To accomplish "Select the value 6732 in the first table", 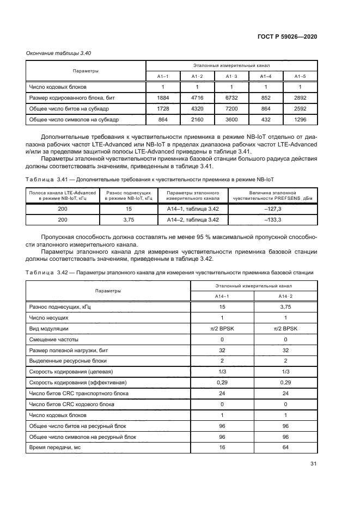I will click(x=232, y=97).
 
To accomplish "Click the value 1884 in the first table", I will click(x=163, y=97).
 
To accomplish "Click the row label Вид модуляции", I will click(x=48, y=329).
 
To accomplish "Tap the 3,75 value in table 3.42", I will click(x=286, y=308).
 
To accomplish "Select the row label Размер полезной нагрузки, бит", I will click(x=67, y=350).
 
